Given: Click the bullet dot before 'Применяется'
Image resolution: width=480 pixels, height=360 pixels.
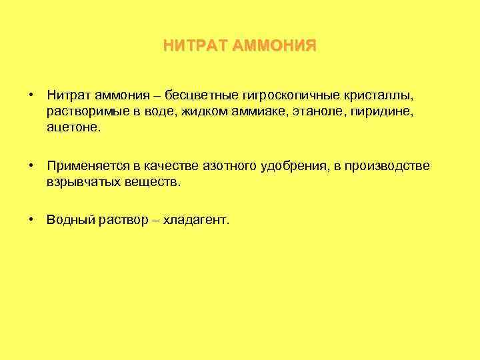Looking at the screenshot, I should pos(32,165).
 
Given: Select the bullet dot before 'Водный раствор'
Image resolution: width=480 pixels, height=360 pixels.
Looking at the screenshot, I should pos(32,219).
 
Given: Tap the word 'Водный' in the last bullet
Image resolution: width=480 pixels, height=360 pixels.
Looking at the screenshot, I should pos(68,220).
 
